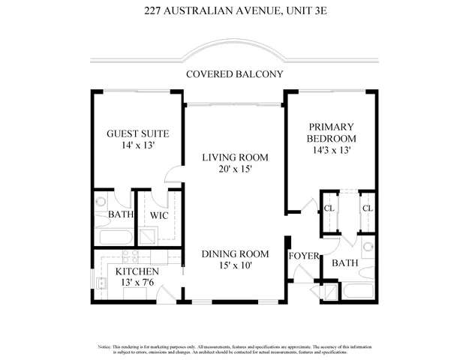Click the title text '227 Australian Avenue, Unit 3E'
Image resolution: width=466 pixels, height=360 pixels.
233,11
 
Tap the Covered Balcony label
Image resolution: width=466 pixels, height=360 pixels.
233,73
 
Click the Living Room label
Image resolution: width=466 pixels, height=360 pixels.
235,157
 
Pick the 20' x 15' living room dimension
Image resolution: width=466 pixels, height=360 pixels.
235,169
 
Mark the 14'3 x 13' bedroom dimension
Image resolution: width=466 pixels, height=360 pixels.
330,151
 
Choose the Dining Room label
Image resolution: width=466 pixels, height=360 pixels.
235,254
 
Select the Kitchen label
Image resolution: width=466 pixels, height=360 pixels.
137,271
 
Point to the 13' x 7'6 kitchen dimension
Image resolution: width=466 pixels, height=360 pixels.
137,282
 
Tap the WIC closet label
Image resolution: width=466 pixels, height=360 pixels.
158,215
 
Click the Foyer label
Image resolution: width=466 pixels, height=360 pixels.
304,256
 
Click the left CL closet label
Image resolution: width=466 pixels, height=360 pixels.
329,208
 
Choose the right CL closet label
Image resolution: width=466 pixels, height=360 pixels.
367,208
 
